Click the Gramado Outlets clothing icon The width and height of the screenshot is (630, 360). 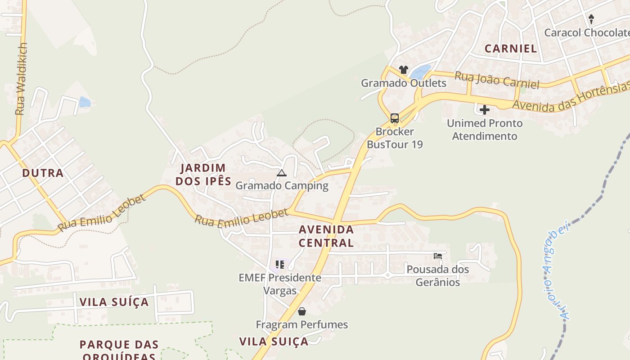click(x=403, y=70)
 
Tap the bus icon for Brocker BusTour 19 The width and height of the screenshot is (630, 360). click(x=395, y=118)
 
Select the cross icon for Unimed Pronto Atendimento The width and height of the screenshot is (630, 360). click(x=485, y=110)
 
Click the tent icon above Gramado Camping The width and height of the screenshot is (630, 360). click(x=282, y=173)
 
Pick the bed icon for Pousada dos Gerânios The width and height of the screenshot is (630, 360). click(x=437, y=256)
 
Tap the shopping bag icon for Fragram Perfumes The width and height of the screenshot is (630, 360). click(x=302, y=311)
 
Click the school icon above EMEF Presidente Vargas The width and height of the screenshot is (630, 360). click(x=280, y=264)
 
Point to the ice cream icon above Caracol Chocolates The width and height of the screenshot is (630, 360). click(x=591, y=19)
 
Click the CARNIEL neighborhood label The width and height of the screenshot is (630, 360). click(x=511, y=49)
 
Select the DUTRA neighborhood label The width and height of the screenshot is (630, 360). click(x=43, y=173)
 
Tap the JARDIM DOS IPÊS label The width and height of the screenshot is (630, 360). click(x=203, y=175)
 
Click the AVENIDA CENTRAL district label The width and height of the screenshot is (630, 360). click(x=326, y=236)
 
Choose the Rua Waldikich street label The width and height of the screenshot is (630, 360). click(x=21, y=79)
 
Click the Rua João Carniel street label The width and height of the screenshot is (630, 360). click(x=497, y=80)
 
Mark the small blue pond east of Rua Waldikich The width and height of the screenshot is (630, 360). click(x=85, y=102)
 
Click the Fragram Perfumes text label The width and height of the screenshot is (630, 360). click(x=302, y=324)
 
